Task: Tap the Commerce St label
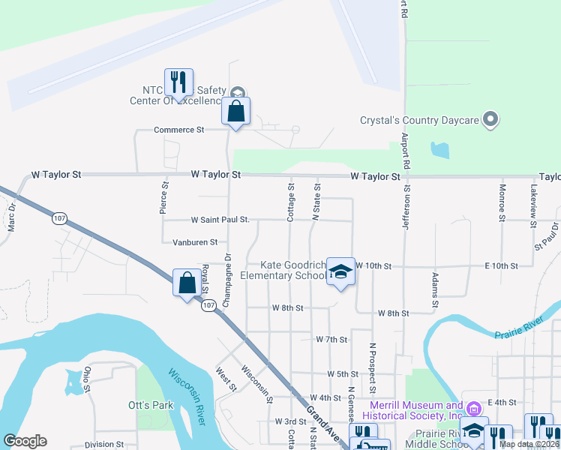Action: (x=178, y=130)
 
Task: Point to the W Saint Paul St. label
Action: (x=220, y=220)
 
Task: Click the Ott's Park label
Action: (x=151, y=405)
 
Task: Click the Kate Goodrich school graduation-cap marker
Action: (x=340, y=271)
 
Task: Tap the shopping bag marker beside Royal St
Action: (x=187, y=283)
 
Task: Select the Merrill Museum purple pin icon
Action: (x=472, y=409)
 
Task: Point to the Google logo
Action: (x=25, y=441)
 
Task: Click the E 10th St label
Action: (x=502, y=266)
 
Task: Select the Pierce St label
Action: (x=164, y=197)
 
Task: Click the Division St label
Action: (x=103, y=444)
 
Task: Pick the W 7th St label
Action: (x=331, y=340)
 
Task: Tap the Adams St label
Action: (x=434, y=290)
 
